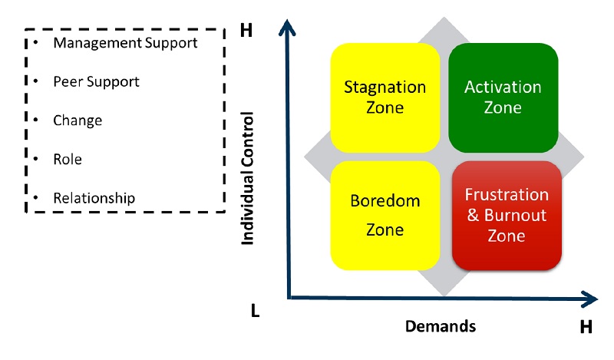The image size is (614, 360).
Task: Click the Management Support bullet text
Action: [125, 42]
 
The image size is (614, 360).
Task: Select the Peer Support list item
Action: [96, 81]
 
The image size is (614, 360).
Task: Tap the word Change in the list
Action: [78, 121]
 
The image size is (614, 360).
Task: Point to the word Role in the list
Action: [68, 160]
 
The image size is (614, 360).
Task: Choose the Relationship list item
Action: [94, 198]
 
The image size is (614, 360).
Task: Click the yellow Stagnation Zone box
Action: [385, 97]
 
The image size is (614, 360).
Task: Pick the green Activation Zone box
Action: [503, 97]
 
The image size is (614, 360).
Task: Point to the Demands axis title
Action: [441, 326]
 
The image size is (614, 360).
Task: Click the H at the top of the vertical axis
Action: [246, 31]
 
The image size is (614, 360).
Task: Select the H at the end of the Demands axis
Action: [586, 328]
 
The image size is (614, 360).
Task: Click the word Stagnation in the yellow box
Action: [385, 87]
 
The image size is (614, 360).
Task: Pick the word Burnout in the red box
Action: [516, 215]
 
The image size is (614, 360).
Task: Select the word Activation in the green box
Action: [503, 87]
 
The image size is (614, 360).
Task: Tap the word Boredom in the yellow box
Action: [385, 201]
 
